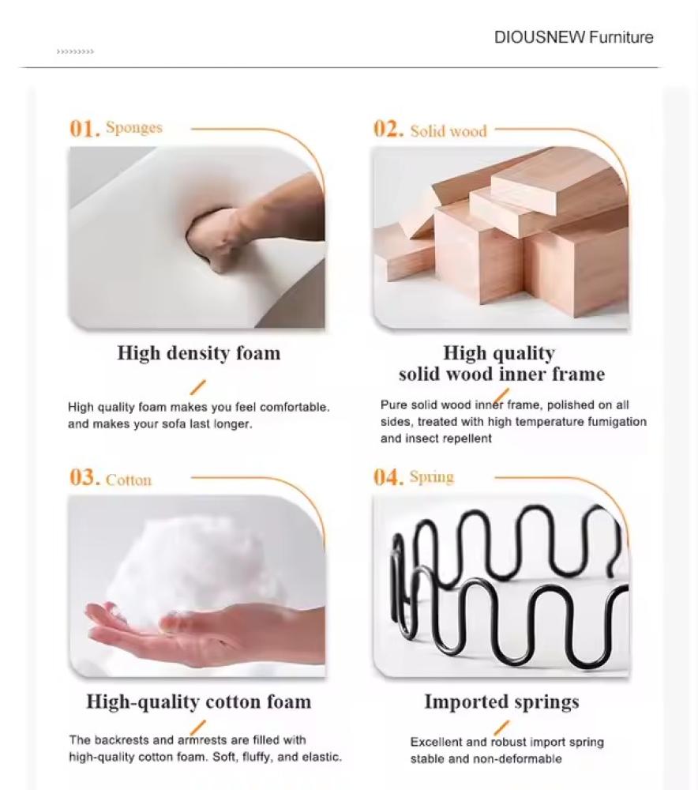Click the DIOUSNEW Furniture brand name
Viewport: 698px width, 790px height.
[573, 37]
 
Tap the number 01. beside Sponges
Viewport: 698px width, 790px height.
[85, 129]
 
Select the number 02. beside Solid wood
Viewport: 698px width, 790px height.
[388, 129]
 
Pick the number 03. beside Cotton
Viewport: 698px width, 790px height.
[85, 477]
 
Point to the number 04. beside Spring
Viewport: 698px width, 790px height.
[388, 476]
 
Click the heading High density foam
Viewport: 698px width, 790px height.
[199, 353]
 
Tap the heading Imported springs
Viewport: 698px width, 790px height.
[501, 702]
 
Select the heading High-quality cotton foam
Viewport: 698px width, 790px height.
[199, 702]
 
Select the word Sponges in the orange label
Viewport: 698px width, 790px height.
[134, 128]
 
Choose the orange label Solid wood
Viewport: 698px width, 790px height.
[448, 131]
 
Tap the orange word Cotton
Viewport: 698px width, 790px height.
[129, 480]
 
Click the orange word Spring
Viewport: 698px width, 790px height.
[432, 476]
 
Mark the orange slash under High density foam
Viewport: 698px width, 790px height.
[198, 387]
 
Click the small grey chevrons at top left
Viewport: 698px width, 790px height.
[75, 51]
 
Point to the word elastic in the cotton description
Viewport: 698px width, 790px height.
[321, 757]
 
